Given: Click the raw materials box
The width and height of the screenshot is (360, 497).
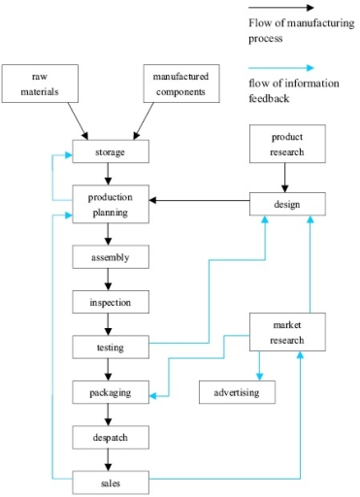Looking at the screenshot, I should coord(39,84).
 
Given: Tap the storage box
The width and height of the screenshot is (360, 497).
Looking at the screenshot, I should coord(111,153).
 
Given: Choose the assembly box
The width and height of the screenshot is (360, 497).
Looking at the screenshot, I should coord(111,257).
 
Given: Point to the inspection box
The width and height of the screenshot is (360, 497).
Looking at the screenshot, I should coord(111,302).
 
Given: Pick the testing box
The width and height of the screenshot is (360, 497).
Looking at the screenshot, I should coord(111,347).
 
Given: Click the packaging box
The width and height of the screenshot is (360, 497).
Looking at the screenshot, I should coord(111,393).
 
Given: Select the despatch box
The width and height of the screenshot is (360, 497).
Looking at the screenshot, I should coord(111,438).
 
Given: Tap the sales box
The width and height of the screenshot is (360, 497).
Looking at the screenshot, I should coord(111,480).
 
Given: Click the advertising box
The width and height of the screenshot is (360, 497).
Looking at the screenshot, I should coord(237,392).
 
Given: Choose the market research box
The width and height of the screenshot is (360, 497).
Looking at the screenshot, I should coord(287,332).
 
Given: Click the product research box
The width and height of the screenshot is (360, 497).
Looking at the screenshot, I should coord(287,144).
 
